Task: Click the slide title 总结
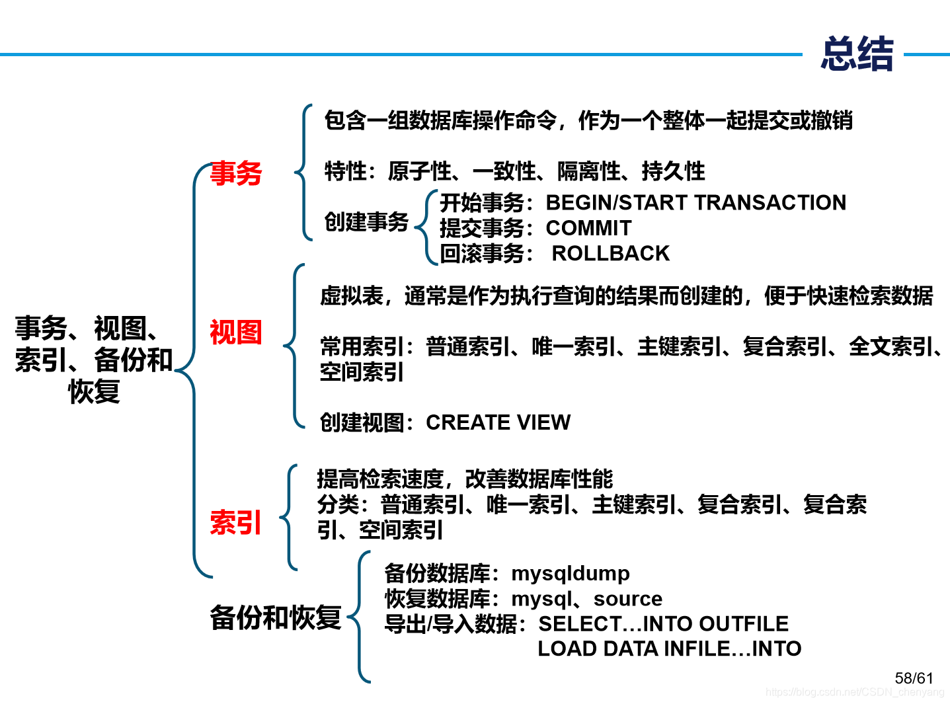857,54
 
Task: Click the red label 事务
236,173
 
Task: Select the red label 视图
236,332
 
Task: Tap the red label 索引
236,522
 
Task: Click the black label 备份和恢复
275,618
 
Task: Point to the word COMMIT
588,228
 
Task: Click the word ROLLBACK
610,253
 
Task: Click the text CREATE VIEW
498,422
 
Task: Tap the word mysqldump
571,573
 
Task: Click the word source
627,599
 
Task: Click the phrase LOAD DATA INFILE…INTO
669,648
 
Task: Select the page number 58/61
914,678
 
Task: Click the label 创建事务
366,222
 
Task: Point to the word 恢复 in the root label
94,391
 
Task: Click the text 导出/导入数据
450,623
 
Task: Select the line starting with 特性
514,171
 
